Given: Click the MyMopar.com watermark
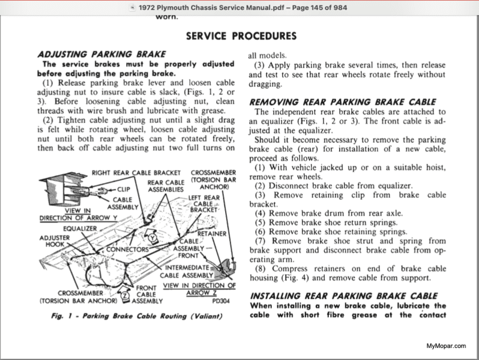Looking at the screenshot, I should coord(447,346).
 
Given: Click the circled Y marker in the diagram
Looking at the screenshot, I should coord(153,237).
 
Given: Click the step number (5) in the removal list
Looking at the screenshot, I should coord(261,223).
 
